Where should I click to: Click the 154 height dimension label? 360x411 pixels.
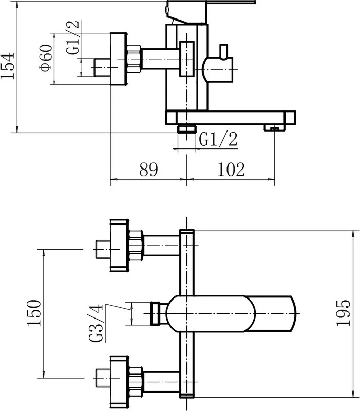point(7,66)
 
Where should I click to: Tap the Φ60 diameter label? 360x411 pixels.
point(46,58)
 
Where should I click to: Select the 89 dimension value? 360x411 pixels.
point(148,170)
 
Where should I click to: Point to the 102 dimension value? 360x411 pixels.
point(231,170)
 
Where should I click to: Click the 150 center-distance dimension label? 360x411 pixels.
point(34,313)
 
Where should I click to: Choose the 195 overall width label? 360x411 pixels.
point(343,313)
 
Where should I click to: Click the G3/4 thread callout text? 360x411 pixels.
point(96,323)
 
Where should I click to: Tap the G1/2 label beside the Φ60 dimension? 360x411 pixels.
point(72,38)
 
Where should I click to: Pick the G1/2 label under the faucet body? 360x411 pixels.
point(218,139)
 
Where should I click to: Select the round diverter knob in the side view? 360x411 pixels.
point(218,70)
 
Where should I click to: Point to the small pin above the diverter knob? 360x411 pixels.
point(223,51)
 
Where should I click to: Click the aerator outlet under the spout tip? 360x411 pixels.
point(275,127)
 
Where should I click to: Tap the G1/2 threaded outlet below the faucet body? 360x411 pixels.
point(186,129)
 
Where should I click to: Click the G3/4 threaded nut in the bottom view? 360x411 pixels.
point(156,313)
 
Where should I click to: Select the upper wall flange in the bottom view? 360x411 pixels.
point(119,246)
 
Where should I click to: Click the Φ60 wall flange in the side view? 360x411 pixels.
point(119,59)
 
